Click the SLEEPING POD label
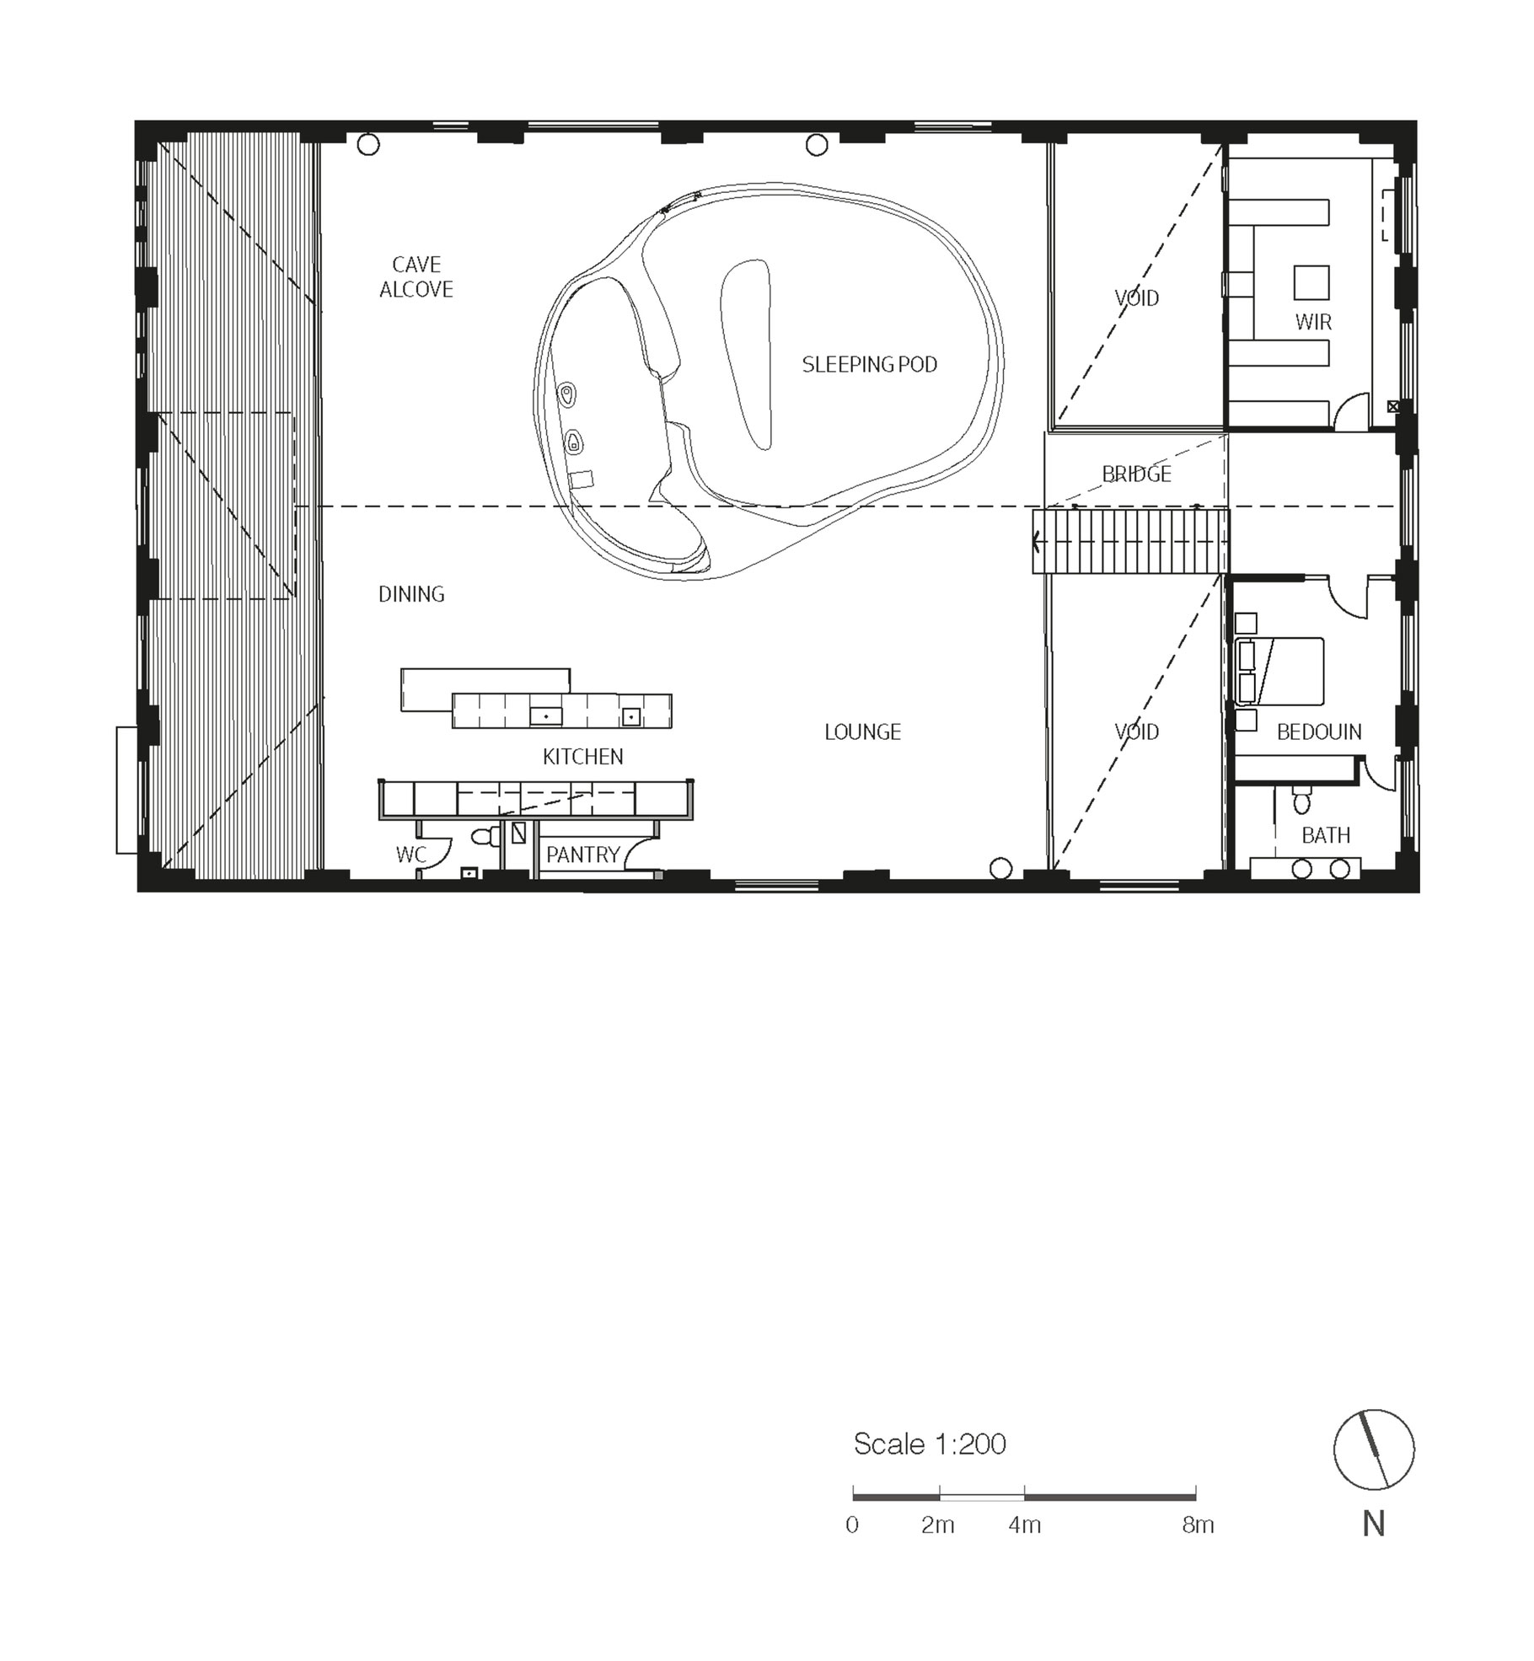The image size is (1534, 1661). pyautogui.click(x=869, y=364)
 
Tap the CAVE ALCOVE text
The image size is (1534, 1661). pyautogui.click(x=416, y=276)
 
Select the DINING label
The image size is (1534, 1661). pyautogui.click(x=411, y=594)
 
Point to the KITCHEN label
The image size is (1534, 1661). pyautogui.click(x=583, y=757)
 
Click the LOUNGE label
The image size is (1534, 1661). pyautogui.click(x=862, y=731)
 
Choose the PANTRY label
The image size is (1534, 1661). pyautogui.click(x=583, y=855)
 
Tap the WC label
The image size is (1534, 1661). pyautogui.click(x=411, y=855)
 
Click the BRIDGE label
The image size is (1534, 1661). pyautogui.click(x=1136, y=474)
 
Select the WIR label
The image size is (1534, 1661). pyautogui.click(x=1313, y=321)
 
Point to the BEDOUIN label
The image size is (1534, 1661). pyautogui.click(x=1319, y=731)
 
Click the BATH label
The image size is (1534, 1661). pyautogui.click(x=1326, y=835)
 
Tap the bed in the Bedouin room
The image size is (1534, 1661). pyautogui.click(x=1279, y=671)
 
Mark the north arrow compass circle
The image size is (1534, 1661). pyautogui.click(x=1374, y=1449)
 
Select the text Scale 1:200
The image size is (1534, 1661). pyautogui.click(x=930, y=1444)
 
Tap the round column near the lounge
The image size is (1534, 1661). pyautogui.click(x=1000, y=868)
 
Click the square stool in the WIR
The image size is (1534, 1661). pyautogui.click(x=1311, y=282)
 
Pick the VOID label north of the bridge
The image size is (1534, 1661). pyautogui.click(x=1136, y=297)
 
